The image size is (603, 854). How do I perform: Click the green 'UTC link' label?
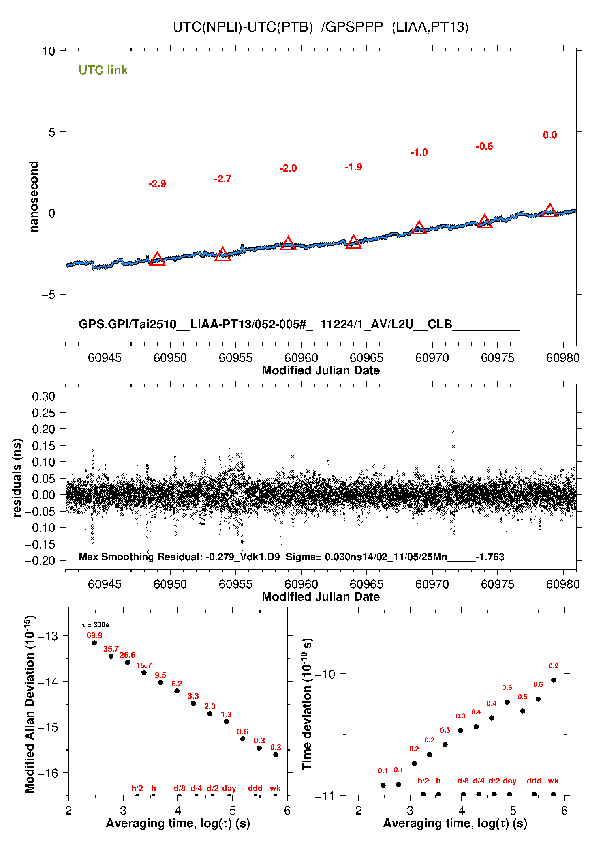(x=103, y=70)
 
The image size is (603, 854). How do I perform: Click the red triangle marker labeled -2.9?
(x=157, y=259)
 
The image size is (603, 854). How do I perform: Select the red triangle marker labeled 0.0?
(x=550, y=211)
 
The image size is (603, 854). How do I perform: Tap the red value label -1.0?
(x=419, y=153)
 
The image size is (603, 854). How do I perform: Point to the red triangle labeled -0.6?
(x=484, y=222)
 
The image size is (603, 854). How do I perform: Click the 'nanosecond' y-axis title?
(x=34, y=197)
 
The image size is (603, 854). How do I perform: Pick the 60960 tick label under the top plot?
(x=301, y=358)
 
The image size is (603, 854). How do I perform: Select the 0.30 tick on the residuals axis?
(x=43, y=396)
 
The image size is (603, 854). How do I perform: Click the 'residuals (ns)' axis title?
(x=17, y=478)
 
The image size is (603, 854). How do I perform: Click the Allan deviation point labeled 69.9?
(x=94, y=643)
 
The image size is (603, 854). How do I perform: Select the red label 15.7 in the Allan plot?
(x=144, y=665)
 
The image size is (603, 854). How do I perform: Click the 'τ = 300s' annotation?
(x=96, y=625)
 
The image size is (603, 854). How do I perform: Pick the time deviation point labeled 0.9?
(x=554, y=680)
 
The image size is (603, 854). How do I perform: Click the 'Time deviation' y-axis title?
(x=307, y=704)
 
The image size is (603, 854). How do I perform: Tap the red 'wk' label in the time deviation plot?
(x=553, y=781)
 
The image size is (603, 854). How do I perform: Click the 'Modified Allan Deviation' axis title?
(x=30, y=704)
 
